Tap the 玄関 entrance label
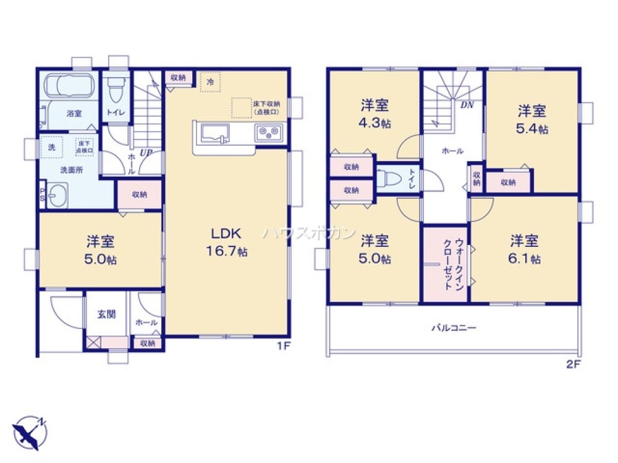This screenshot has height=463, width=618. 106,314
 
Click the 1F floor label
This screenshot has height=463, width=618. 284,347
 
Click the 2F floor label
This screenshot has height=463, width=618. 574,364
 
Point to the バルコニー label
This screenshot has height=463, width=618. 454,328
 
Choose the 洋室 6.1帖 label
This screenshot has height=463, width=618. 525,249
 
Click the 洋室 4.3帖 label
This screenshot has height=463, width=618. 375,114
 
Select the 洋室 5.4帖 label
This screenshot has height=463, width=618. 532,120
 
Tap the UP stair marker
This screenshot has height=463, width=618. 146,151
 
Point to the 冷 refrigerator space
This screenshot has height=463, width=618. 210,81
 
